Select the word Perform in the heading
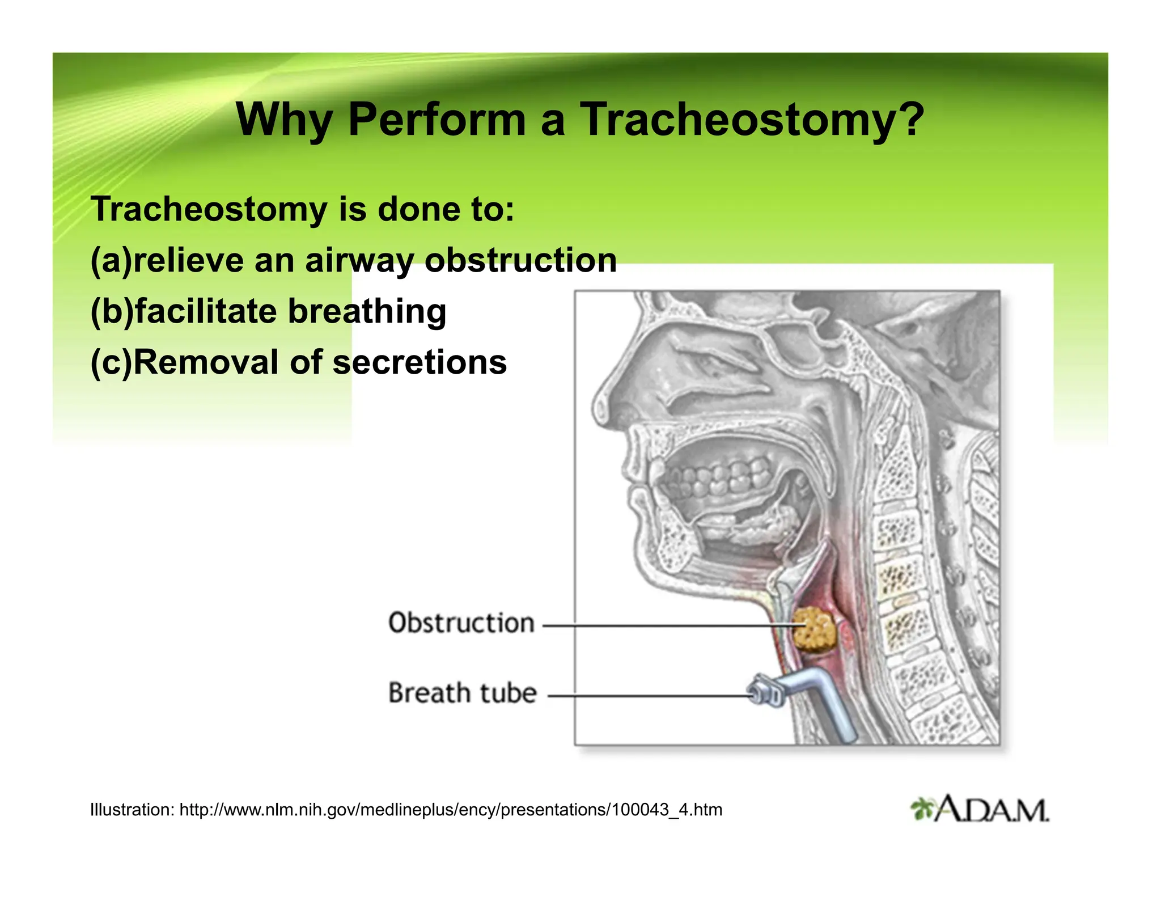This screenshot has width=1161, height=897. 437,120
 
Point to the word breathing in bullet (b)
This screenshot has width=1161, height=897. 367,311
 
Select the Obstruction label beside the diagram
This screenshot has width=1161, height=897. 461,623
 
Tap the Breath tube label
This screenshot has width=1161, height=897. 462,693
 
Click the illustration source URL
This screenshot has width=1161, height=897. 451,810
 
